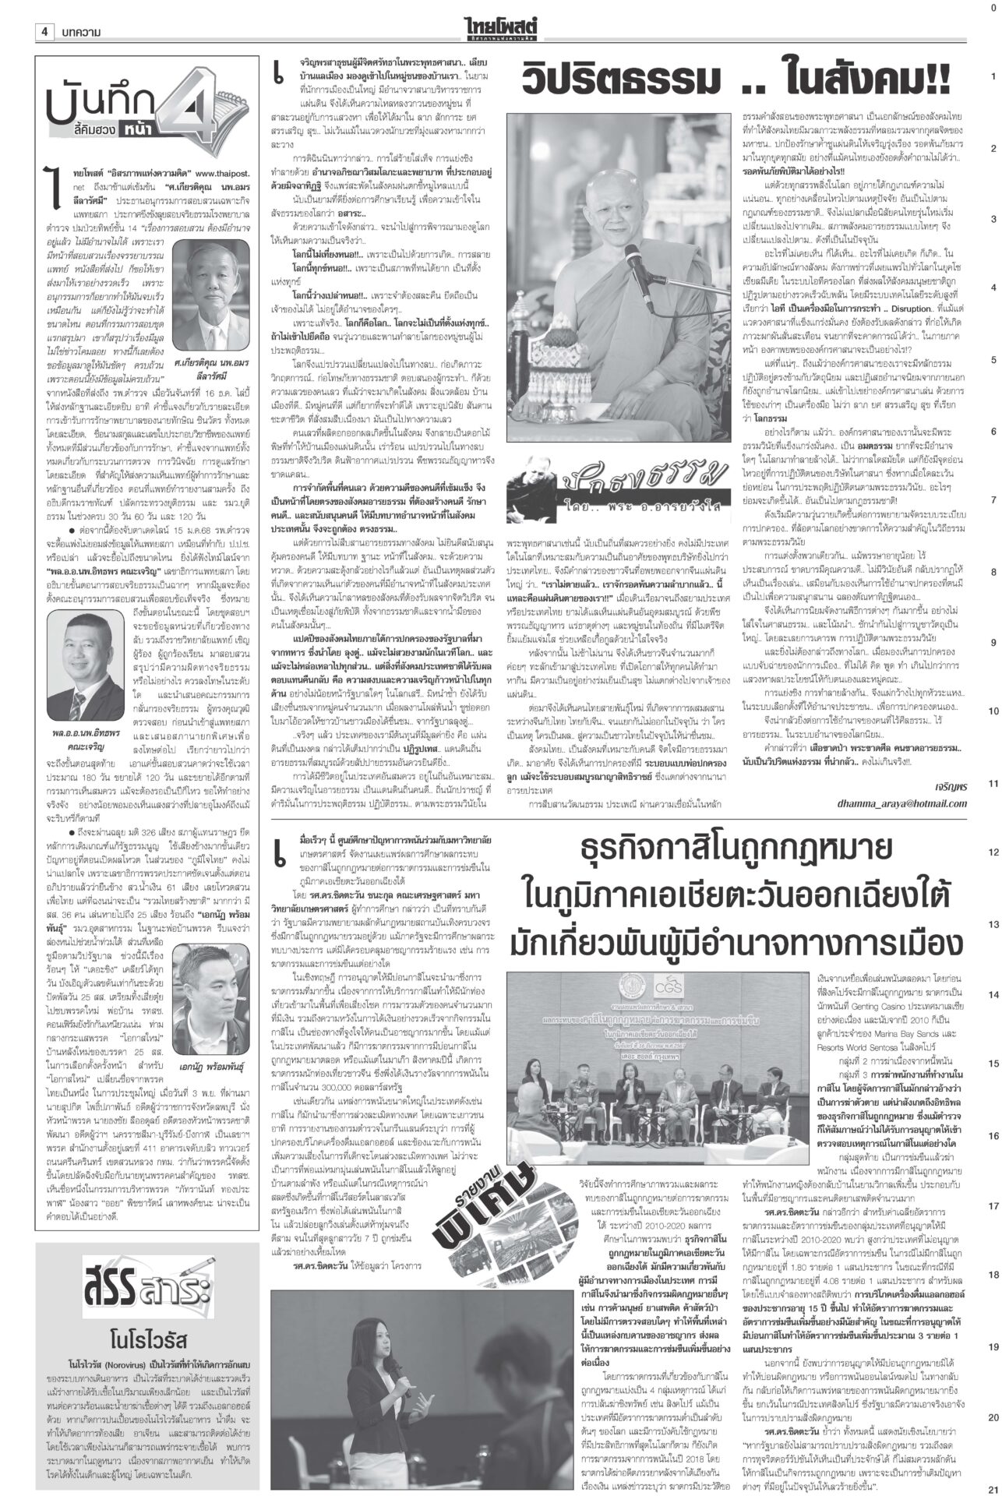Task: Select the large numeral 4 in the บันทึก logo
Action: (166, 110)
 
